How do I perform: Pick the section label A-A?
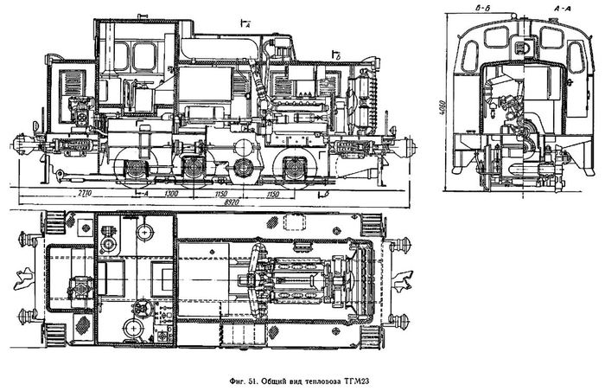pyautogui.click(x=558, y=8)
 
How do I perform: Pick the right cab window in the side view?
pyautogui.click(x=146, y=57)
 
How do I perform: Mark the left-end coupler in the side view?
pyautogui.click(x=23, y=143)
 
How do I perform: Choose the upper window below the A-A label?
pyautogui.click(x=550, y=37)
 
